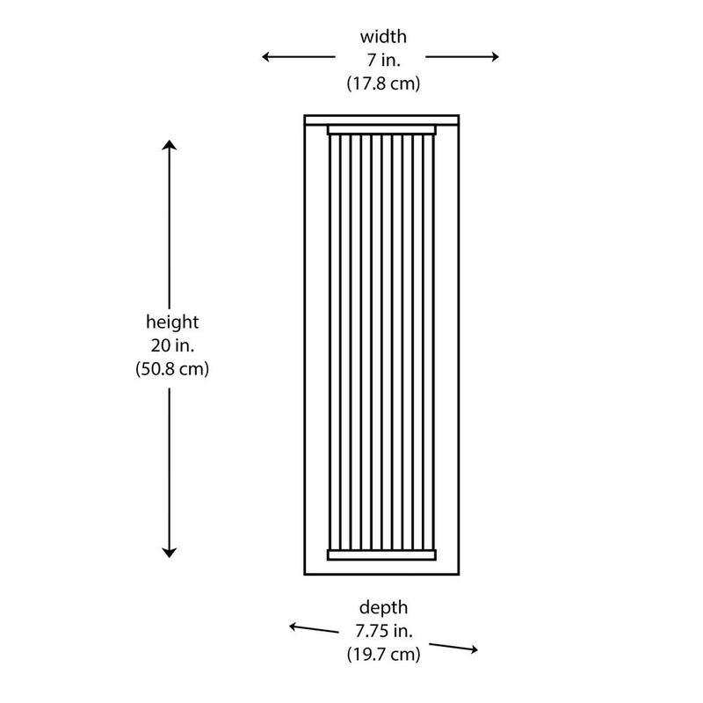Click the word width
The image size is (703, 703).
pyautogui.click(x=383, y=37)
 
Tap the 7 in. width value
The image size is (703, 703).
pyautogui.click(x=383, y=60)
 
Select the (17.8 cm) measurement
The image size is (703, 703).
pyautogui.click(x=383, y=83)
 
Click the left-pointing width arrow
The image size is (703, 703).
pyautogui.click(x=299, y=57)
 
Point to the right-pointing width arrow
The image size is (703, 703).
pyautogui.click(x=462, y=57)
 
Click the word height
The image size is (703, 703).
pyautogui.click(x=172, y=323)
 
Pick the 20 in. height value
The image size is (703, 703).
pyautogui.click(x=172, y=345)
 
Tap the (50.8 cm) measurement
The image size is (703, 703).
pyautogui.click(x=172, y=369)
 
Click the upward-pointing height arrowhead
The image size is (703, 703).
pyautogui.click(x=169, y=144)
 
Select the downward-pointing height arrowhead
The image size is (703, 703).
pyautogui.click(x=169, y=553)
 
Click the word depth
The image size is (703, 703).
pyautogui.click(x=383, y=608)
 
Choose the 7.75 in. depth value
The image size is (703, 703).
pyautogui.click(x=383, y=631)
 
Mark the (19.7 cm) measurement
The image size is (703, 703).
pyautogui.click(x=383, y=655)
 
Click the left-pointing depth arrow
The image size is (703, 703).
pyautogui.click(x=314, y=629)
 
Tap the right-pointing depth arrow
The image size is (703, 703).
pyautogui.click(x=453, y=648)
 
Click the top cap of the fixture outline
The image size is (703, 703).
pyautogui.click(x=381, y=120)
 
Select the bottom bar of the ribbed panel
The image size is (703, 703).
pyautogui.click(x=381, y=555)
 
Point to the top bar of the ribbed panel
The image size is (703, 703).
pyautogui.click(x=381, y=130)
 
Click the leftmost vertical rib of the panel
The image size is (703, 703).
pyautogui.click(x=331, y=342)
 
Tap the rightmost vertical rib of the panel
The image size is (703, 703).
pyautogui.click(x=432, y=342)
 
